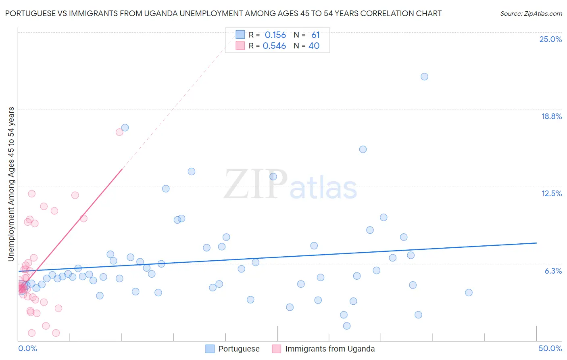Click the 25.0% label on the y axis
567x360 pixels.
[x=550, y=39]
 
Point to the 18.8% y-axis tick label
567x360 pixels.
[x=551, y=116]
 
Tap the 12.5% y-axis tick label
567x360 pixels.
[x=551, y=193]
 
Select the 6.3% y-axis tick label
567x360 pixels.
[x=553, y=271]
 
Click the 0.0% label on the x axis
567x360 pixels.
[x=27, y=348]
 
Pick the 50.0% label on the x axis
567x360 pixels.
[x=550, y=348]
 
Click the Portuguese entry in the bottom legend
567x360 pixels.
[x=239, y=349]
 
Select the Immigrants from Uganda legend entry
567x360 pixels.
[x=330, y=349]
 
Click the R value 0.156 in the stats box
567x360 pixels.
[x=275, y=35]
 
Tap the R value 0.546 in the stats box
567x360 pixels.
[x=274, y=46]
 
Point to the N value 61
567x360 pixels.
[x=315, y=35]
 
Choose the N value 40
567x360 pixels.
[x=314, y=46]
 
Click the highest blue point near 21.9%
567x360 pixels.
[x=424, y=77]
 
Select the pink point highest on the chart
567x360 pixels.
[x=119, y=132]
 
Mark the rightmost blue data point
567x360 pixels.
[x=469, y=293]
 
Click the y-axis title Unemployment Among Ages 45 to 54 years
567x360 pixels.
[x=11, y=184]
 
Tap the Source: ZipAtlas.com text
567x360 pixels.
[x=531, y=14]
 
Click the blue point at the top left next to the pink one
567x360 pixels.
[x=125, y=128]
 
